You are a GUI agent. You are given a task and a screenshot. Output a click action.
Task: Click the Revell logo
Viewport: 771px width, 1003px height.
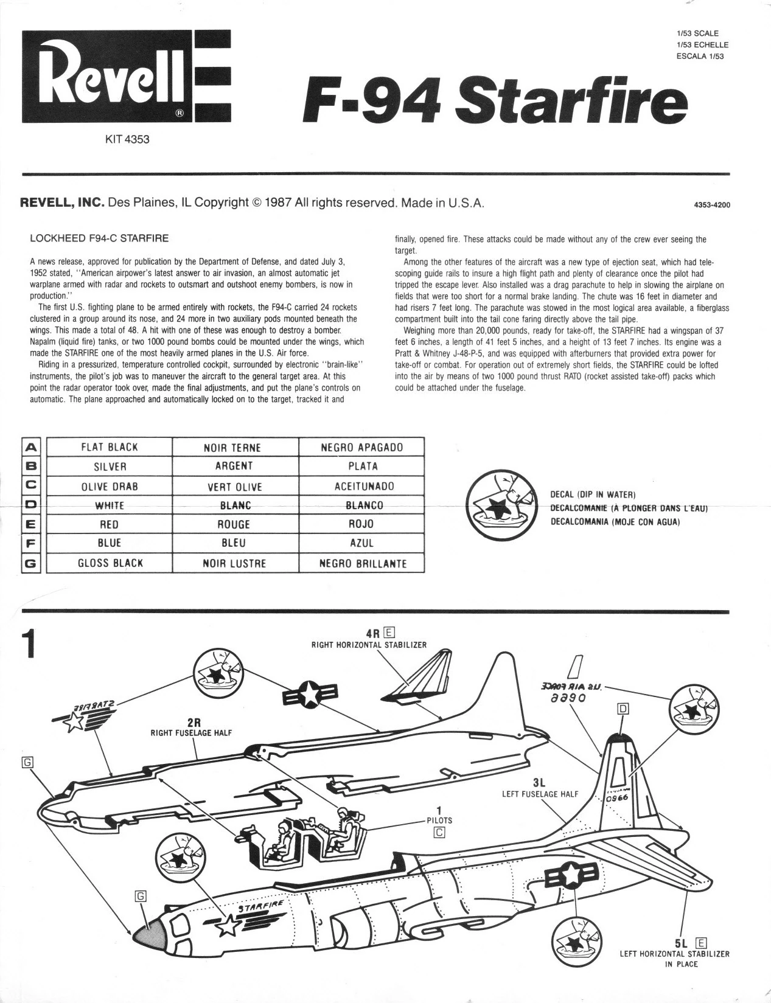[x=126, y=76]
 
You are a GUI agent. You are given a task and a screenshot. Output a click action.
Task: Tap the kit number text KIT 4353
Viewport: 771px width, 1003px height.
[x=127, y=139]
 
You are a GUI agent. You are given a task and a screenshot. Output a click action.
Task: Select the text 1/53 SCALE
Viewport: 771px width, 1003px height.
[x=697, y=33]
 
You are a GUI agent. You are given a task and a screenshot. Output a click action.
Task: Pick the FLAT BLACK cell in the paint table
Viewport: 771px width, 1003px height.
[x=110, y=447]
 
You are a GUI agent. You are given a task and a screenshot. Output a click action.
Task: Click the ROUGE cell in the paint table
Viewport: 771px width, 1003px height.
[x=234, y=524]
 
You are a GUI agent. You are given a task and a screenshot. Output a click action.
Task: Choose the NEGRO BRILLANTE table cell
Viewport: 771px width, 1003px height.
[x=363, y=564]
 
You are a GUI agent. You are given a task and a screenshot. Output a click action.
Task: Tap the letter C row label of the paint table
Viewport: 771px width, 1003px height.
[x=32, y=485]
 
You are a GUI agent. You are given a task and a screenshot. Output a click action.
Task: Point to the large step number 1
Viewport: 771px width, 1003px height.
[x=28, y=644]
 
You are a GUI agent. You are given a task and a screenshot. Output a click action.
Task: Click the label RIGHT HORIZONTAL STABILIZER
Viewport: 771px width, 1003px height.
[x=369, y=644]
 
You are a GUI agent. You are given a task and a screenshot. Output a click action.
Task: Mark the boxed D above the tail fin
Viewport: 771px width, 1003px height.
[x=623, y=709]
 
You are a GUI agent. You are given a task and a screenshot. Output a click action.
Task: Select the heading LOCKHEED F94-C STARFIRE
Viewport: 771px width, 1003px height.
[x=99, y=238]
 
